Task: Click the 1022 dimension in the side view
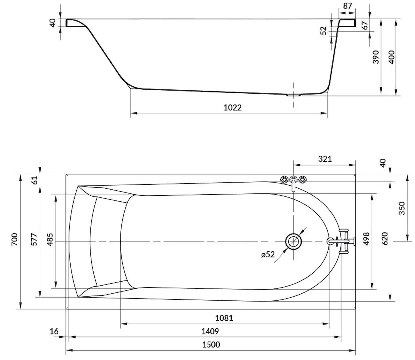pyautogui.click(x=232, y=107)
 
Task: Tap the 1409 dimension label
pyautogui.click(x=210, y=331)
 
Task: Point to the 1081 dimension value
pyautogui.click(x=224, y=318)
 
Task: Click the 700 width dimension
pyautogui.click(x=14, y=239)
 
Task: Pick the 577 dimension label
pyautogui.click(x=34, y=239)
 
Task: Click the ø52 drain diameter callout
pyautogui.click(x=268, y=255)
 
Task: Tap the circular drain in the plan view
pyautogui.click(x=293, y=241)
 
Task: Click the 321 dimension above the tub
pyautogui.click(x=325, y=159)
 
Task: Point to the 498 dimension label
pyautogui.click(x=366, y=239)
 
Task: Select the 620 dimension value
pyautogui.click(x=385, y=239)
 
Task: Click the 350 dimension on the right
pyautogui.click(x=402, y=208)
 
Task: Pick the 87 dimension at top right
pyautogui.click(x=347, y=6)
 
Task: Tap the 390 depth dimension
pyautogui.click(x=376, y=57)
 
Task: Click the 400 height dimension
pyautogui.click(x=391, y=57)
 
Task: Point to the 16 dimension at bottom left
pyautogui.click(x=54, y=331)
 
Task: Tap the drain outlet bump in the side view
pyautogui.click(x=293, y=95)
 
